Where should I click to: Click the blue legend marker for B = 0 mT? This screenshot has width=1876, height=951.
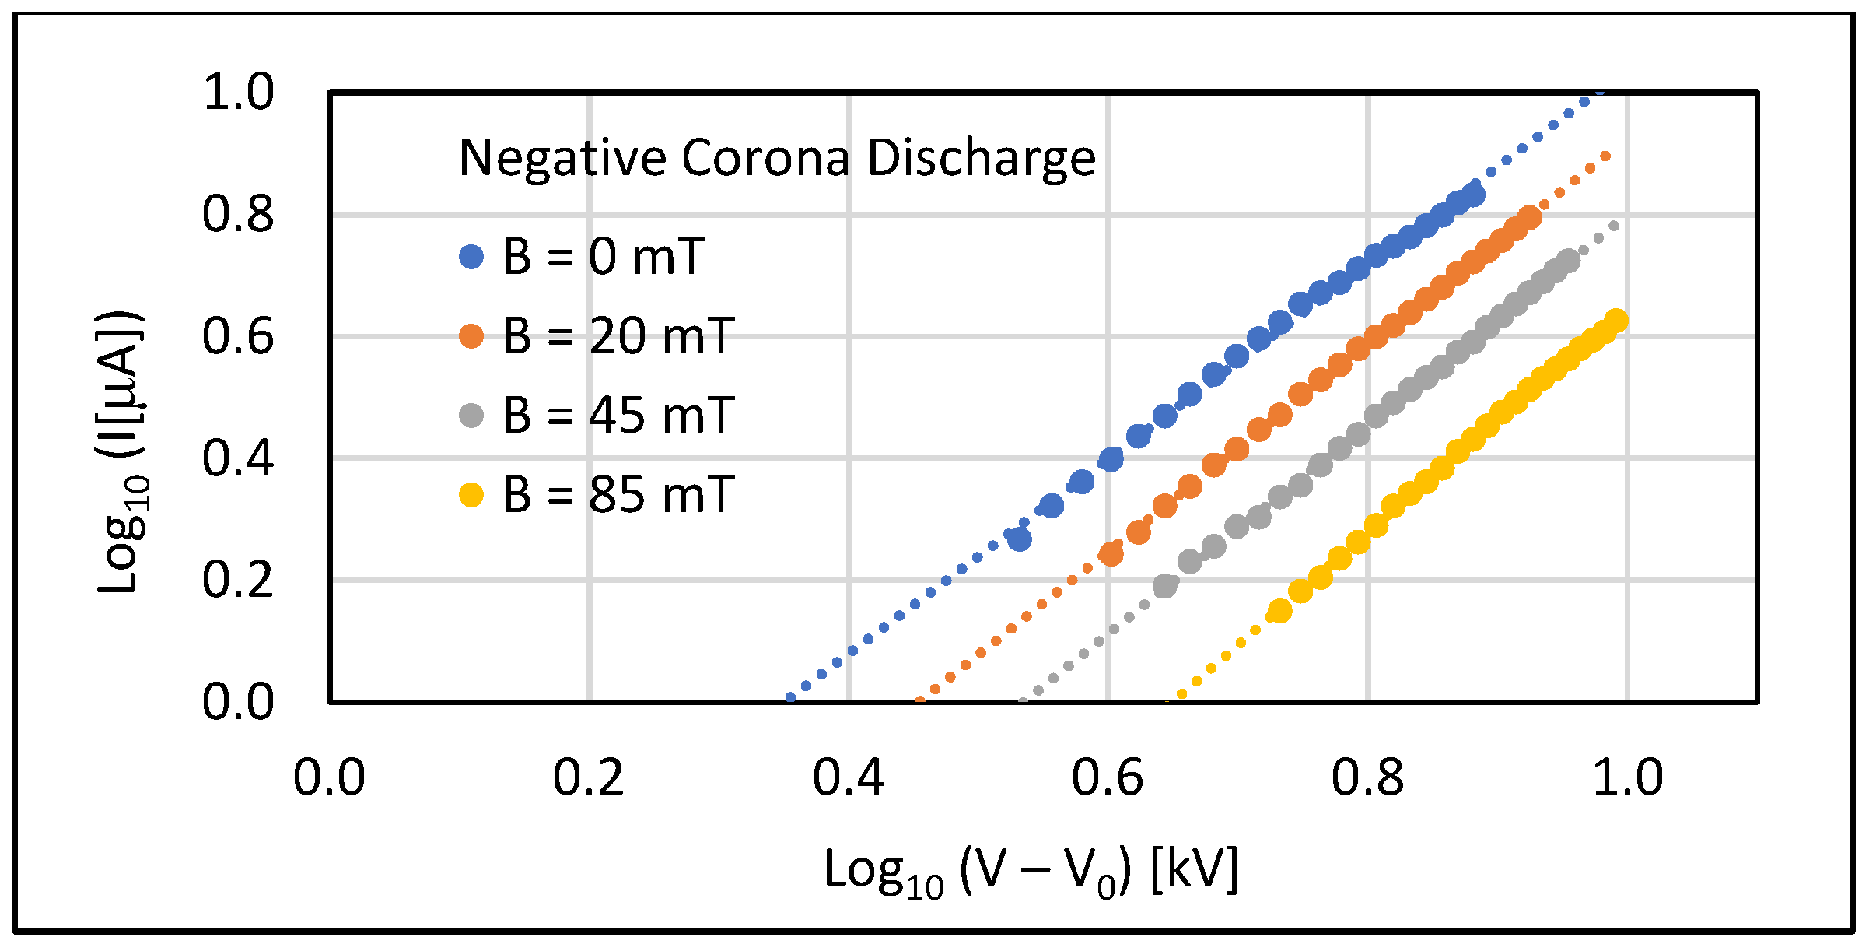(471, 256)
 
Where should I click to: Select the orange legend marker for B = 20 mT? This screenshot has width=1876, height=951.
(471, 336)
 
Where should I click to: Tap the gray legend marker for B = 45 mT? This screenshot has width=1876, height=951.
(471, 415)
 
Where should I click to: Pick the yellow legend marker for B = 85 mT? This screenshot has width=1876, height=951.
(471, 494)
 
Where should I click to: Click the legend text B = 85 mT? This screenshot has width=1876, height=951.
(618, 494)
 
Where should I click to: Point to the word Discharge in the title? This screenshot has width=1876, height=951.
(981, 158)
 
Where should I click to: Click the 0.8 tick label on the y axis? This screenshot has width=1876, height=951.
(238, 214)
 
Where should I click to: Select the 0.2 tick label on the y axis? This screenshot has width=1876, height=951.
(238, 580)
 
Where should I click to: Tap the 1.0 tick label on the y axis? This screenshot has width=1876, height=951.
(238, 92)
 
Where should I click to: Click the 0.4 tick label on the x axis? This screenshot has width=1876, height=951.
(849, 777)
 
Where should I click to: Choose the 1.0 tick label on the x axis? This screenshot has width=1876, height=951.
(1628, 777)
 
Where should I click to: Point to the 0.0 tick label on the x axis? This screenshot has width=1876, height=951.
(329, 777)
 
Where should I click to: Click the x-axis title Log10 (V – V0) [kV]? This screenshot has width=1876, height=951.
(1031, 872)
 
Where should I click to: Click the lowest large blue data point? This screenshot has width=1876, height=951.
(1020, 539)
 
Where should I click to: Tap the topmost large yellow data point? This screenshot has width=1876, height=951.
(1615, 321)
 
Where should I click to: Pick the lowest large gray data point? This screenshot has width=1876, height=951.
(1164, 586)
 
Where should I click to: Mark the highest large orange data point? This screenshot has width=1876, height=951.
(1529, 218)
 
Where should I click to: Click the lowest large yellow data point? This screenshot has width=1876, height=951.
(1279, 611)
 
